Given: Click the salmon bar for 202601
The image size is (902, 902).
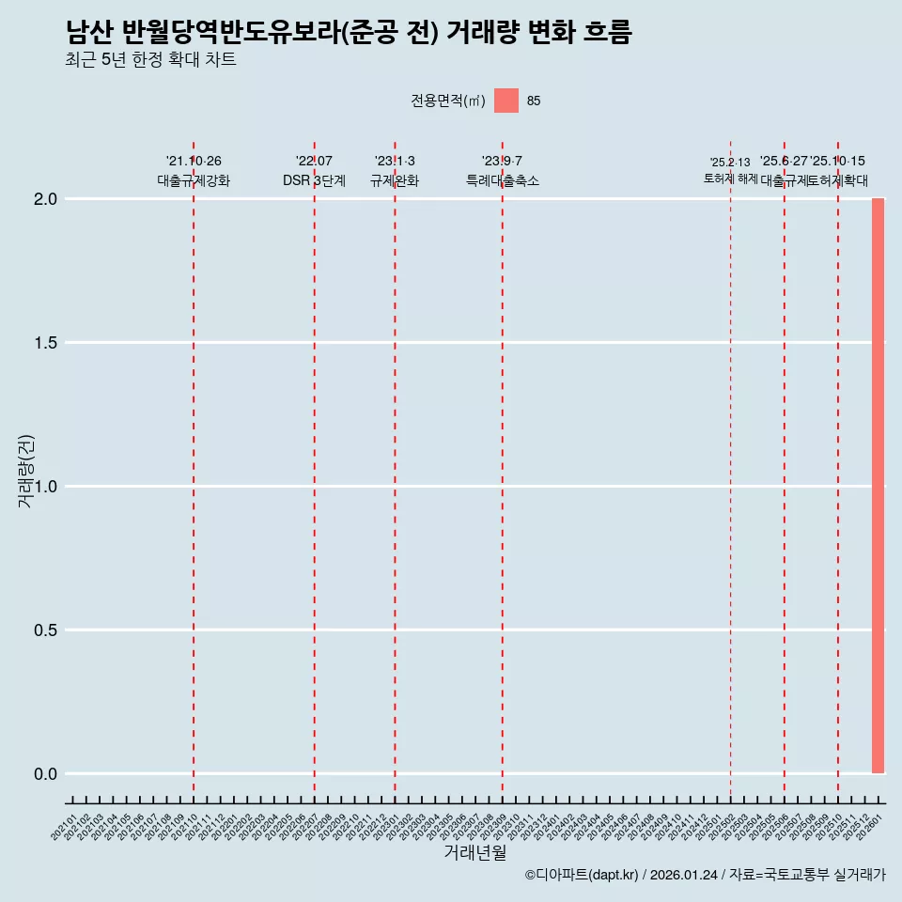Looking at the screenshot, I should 878,486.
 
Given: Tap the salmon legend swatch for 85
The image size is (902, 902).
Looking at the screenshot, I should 506,101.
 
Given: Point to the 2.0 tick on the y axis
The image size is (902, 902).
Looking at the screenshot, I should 46,199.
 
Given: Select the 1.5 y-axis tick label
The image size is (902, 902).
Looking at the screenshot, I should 46,343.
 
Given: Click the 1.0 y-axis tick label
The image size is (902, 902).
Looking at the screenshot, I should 46,487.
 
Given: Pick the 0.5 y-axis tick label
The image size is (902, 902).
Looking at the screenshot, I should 46,630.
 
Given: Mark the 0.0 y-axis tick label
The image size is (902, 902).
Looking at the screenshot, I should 46,774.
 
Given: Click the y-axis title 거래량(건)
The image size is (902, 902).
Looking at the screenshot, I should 25,471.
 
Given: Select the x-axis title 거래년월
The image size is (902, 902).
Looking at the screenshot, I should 474,853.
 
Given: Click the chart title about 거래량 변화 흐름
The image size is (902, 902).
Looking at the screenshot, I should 349,33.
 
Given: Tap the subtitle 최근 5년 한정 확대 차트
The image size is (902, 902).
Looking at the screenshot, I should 150,60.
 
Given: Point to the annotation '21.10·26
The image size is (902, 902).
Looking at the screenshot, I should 194,162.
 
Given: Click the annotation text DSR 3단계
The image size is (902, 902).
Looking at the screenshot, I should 314,181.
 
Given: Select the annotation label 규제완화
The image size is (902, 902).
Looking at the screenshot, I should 395,181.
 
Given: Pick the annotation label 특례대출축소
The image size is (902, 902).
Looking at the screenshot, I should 503,181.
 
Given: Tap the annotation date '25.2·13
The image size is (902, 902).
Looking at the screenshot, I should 730,163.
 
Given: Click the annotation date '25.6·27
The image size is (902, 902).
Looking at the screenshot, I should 784,162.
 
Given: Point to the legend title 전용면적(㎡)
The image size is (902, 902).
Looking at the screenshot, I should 447,101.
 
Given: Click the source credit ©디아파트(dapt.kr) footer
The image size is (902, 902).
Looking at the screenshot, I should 705,876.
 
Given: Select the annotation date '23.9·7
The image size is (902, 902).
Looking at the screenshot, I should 502,162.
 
